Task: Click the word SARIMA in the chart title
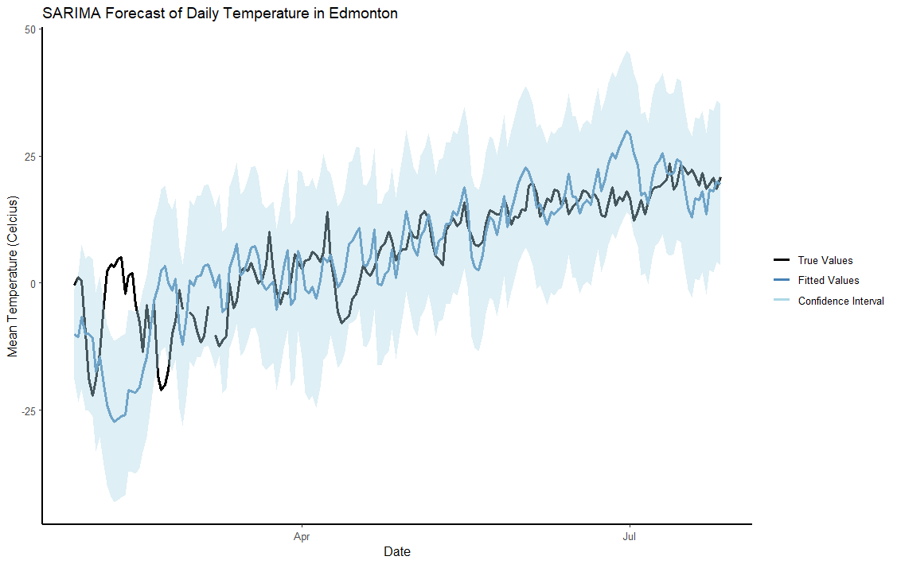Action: tap(69, 14)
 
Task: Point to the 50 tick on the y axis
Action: tap(30, 29)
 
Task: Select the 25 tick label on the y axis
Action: tap(30, 156)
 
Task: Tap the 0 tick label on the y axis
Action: tap(33, 283)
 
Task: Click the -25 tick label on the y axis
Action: tap(29, 410)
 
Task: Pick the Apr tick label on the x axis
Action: tap(302, 537)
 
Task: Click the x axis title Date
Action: tap(397, 551)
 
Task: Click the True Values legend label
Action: tap(825, 260)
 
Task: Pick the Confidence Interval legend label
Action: tap(840, 301)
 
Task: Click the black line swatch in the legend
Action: tap(782, 260)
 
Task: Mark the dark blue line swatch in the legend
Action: tap(782, 280)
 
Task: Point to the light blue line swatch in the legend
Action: tap(782, 301)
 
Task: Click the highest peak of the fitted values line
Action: tap(627, 131)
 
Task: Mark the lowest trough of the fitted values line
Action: tap(115, 422)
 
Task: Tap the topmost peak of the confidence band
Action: tap(627, 52)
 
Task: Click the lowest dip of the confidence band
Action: tap(115, 501)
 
